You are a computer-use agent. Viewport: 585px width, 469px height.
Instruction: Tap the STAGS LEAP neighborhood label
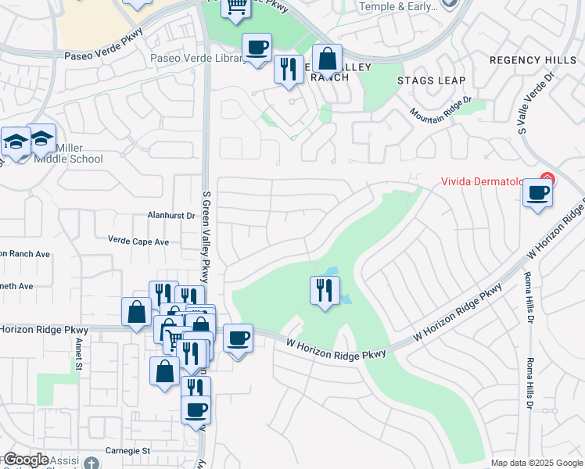[431, 81]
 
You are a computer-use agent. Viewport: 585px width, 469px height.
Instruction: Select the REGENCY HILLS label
[531, 59]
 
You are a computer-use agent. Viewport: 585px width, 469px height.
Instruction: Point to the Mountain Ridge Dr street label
[442, 109]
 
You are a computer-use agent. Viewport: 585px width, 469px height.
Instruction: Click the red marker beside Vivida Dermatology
[547, 180]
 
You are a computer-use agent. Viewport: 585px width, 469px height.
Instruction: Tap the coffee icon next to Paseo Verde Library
[257, 48]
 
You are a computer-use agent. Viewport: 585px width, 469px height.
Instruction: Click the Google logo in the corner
[25, 460]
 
